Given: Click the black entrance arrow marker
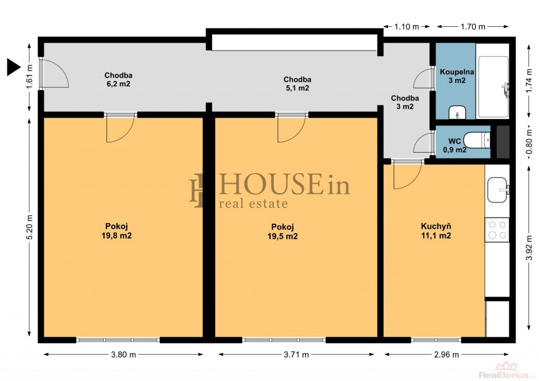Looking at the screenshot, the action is [13, 67].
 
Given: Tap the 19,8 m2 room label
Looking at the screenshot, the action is [116, 231].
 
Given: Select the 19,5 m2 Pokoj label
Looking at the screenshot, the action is [283, 232].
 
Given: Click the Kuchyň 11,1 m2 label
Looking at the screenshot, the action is [436, 231].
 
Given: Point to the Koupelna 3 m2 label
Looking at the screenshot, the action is [457, 76].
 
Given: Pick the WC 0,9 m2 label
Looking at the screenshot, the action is [454, 146].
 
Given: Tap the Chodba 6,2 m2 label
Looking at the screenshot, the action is [118, 79].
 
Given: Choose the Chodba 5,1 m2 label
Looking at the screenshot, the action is [297, 84].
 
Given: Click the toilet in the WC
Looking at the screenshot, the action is [477, 140].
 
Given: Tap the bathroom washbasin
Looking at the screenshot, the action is [457, 112].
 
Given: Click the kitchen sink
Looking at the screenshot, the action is [498, 190].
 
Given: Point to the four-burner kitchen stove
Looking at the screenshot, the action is [497, 230].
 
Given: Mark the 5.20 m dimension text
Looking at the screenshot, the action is [29, 227].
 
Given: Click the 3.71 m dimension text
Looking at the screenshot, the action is [296, 355].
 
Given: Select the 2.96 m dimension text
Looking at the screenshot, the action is [446, 355].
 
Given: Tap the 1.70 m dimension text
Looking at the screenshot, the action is [473, 26].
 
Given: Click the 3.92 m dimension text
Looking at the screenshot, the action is [530, 247].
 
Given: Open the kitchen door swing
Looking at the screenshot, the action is [407, 175].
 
